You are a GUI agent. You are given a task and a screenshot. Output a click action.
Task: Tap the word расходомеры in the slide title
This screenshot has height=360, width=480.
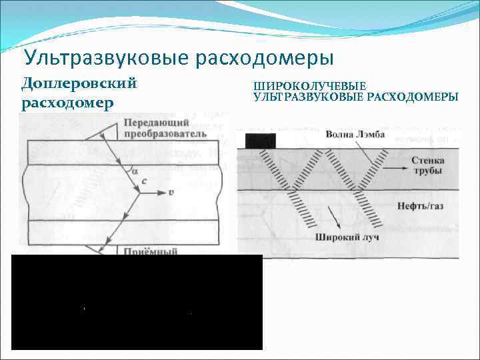(x=264, y=57)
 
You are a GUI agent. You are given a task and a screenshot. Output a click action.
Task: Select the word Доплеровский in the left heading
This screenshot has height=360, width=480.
(x=79, y=85)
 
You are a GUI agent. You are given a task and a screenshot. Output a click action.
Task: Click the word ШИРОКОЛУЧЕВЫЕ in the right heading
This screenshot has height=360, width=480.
(x=309, y=87)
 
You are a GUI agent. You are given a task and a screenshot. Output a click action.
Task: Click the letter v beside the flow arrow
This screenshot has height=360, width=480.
(x=171, y=194)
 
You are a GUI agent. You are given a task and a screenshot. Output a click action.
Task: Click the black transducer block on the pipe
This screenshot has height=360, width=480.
(x=261, y=141)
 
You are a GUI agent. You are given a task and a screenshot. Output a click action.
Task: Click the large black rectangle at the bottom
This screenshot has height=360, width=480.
(x=137, y=302)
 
